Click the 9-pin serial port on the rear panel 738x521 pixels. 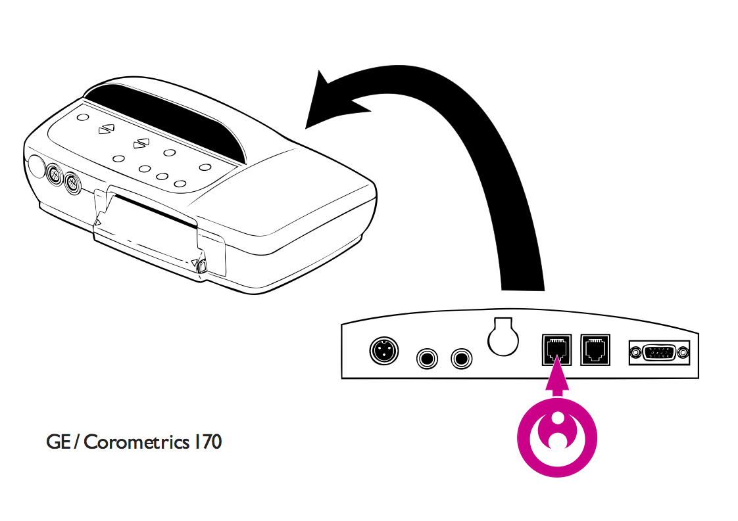[x=660, y=353]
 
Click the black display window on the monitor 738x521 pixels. [x=164, y=118]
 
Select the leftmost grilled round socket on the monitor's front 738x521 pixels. [x=55, y=176]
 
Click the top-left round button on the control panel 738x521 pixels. [x=82, y=117]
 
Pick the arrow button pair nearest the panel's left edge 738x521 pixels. [x=106, y=129]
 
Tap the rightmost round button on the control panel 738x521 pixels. [x=205, y=167]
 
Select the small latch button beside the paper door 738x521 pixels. [x=202, y=266]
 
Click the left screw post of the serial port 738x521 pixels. [x=635, y=353]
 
